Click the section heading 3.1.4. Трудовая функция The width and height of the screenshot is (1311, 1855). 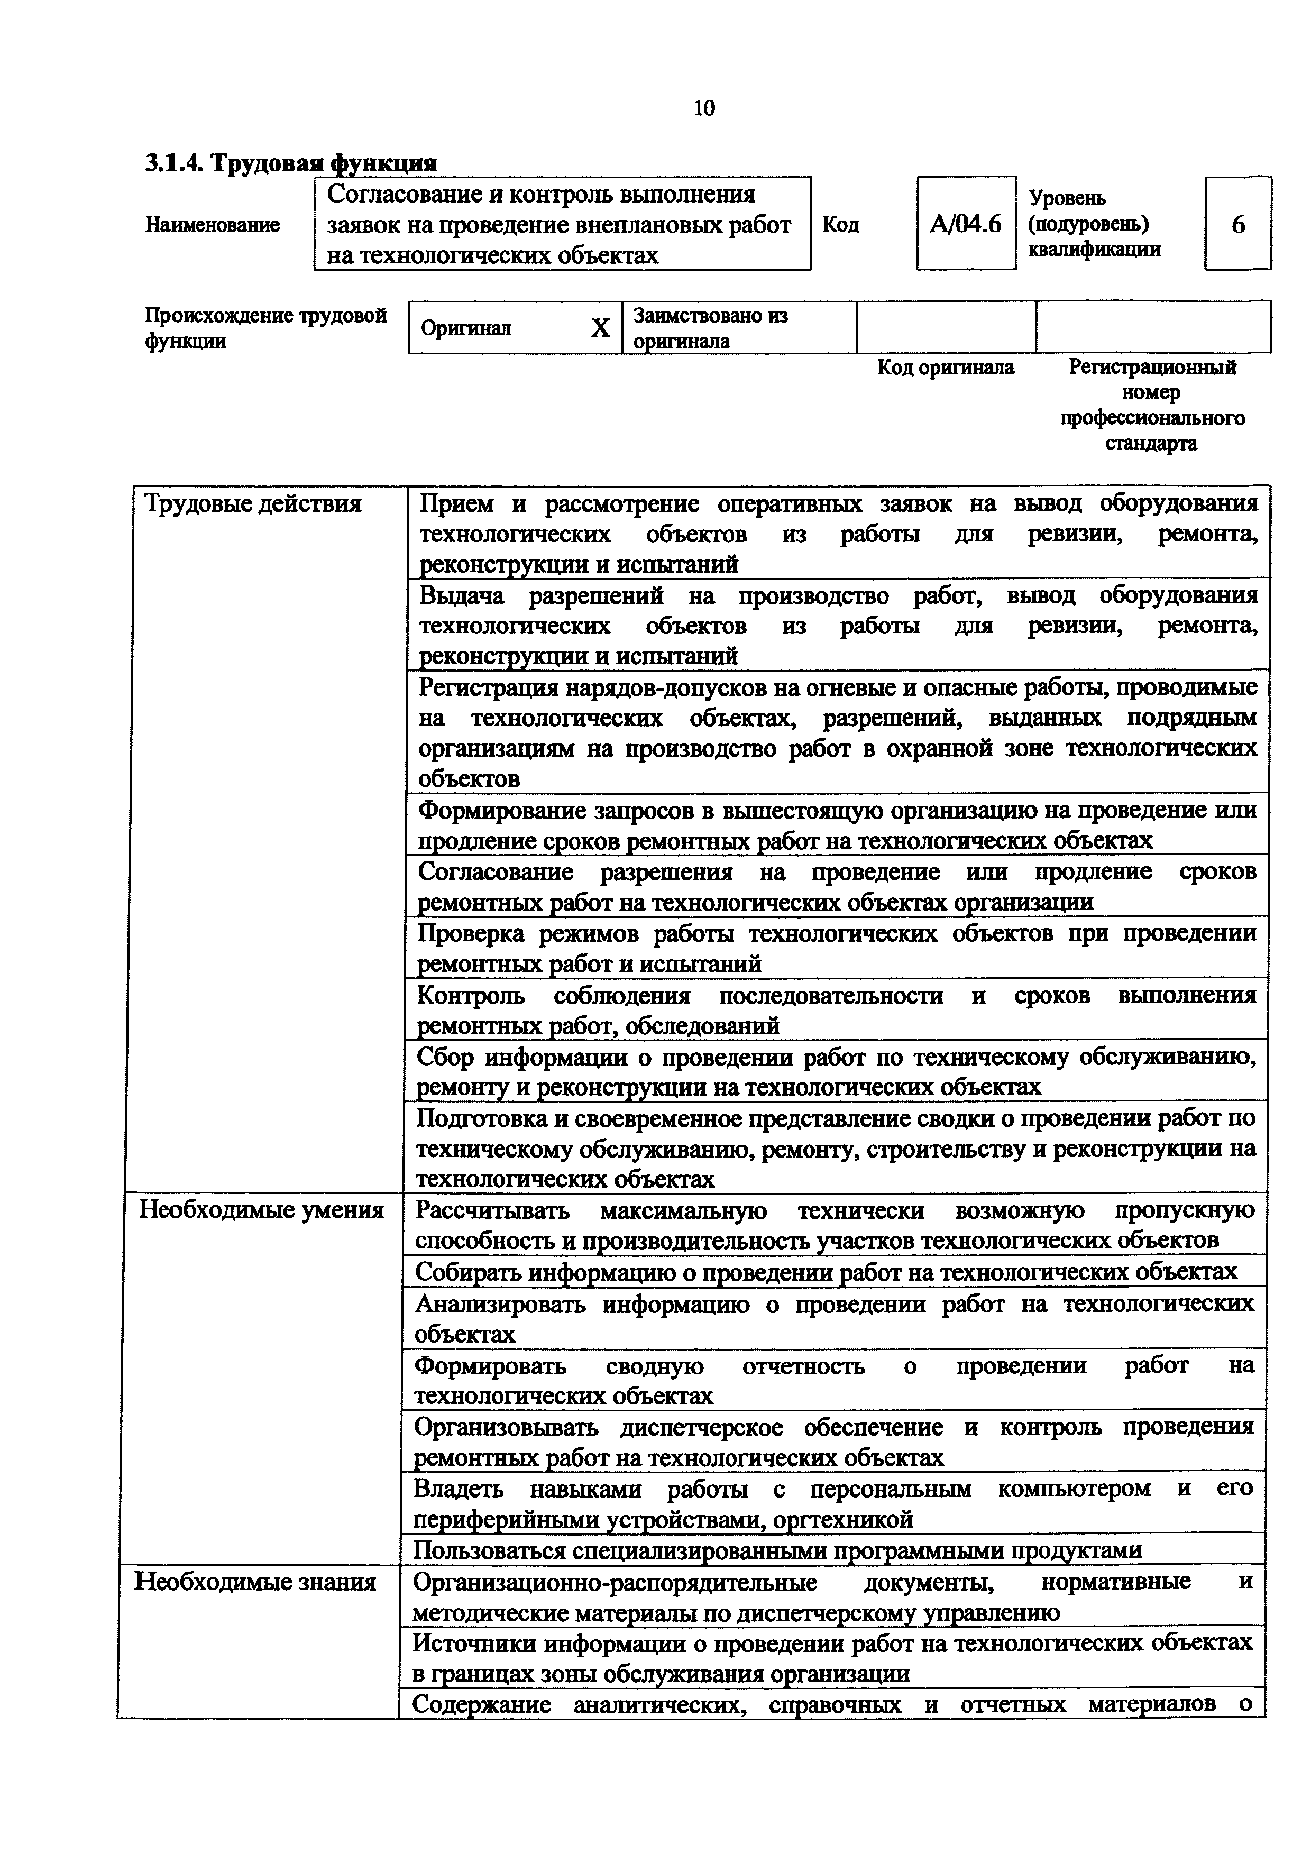click(291, 163)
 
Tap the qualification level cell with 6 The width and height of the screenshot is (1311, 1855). click(1237, 224)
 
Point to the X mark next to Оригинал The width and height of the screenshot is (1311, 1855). click(600, 328)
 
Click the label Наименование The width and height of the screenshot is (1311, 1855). click(213, 225)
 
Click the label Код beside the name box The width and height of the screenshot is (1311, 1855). click(841, 225)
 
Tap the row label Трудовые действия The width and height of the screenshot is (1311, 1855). click(253, 504)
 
